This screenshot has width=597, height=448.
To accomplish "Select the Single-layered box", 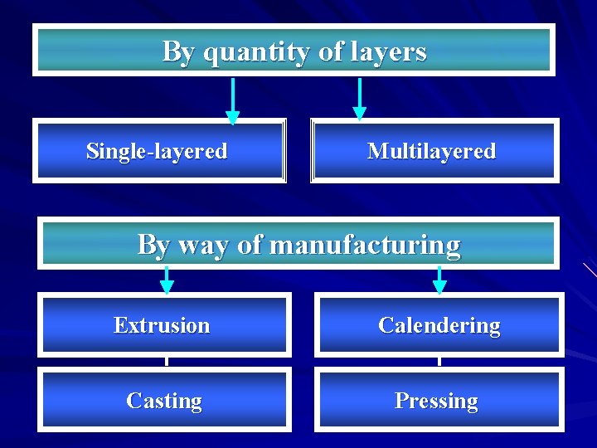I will (158, 151).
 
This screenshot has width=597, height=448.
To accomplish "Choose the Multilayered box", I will (434, 151).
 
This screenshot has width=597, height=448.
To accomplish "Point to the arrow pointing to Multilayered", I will (359, 99).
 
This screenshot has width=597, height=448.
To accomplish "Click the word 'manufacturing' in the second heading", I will (365, 246).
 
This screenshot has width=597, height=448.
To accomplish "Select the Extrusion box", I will (163, 325).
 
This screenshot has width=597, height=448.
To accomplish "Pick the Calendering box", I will (439, 325).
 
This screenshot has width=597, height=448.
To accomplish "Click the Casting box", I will (164, 401).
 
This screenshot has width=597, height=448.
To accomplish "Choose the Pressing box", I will (437, 401).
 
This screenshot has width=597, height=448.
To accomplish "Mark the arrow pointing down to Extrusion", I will (167, 280).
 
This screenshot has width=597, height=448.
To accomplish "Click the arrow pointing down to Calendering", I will (439, 280).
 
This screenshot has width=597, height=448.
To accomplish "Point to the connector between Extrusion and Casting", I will (167, 362).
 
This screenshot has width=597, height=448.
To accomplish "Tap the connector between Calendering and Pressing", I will (439, 362).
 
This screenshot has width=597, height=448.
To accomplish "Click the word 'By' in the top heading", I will (179, 52).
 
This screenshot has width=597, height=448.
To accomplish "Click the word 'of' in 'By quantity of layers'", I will (331, 52).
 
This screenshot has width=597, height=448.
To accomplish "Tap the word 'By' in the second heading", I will (153, 246).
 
